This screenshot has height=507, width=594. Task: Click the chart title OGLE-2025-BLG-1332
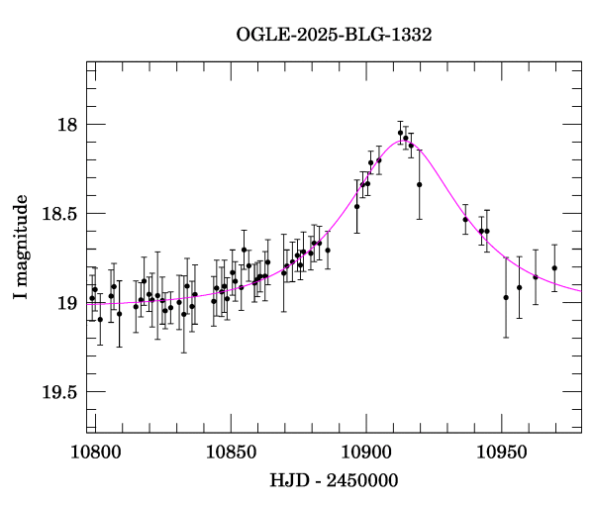(334, 35)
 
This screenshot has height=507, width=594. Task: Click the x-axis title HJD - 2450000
(335, 481)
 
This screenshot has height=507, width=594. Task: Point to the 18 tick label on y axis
(68, 125)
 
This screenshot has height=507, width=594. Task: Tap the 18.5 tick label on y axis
(61, 214)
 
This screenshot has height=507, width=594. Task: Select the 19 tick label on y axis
(68, 303)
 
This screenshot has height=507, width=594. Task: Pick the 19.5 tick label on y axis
(61, 392)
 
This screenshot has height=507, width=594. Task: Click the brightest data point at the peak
(400, 133)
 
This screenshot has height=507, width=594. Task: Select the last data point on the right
(554, 267)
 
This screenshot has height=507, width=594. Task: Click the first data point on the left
(92, 298)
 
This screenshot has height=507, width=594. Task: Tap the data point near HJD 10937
(465, 219)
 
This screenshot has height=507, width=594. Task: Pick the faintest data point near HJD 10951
(506, 297)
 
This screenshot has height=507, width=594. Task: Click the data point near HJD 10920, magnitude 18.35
(419, 184)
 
